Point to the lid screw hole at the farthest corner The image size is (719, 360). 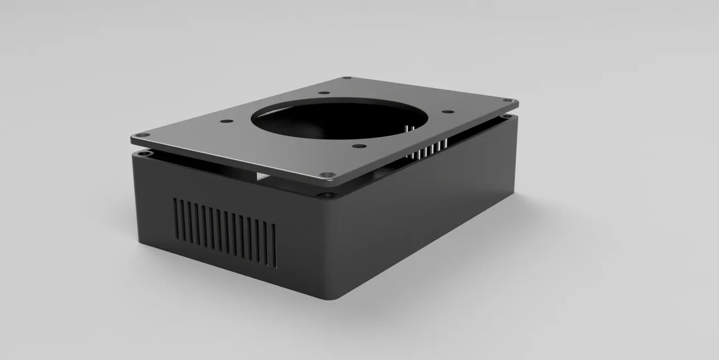(347, 78)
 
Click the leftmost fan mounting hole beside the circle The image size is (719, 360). (226, 121)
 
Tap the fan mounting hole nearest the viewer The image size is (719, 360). (357, 147)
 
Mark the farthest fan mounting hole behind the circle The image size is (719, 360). (324, 93)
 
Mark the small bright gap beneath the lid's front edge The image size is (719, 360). (263, 177)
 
